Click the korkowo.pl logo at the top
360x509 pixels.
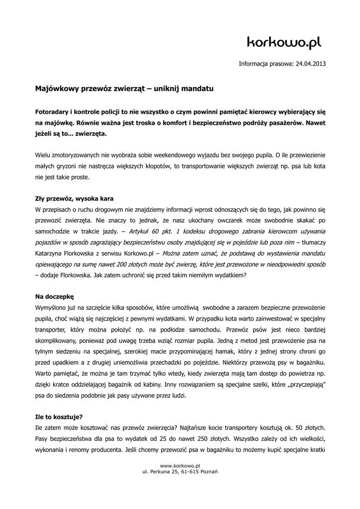pos(284,44)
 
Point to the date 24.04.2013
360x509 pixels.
pos(311,64)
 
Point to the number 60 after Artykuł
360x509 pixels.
pos(156,231)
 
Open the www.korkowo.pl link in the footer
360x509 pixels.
pos(180,465)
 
